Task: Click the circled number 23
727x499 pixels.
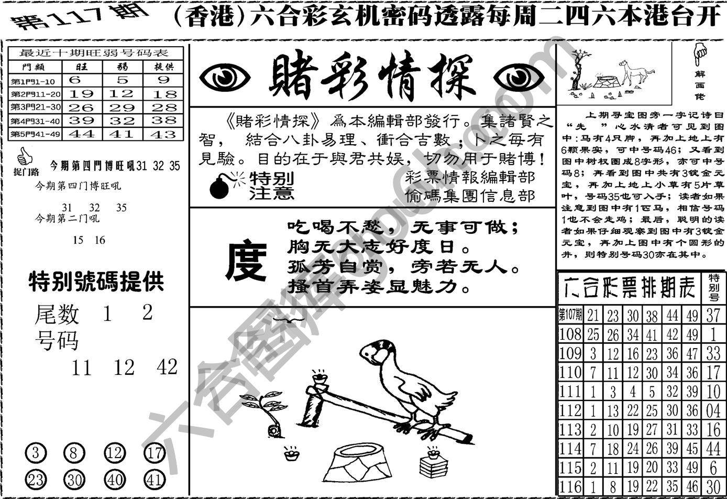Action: pyautogui.click(x=35, y=479)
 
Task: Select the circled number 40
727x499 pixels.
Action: pyautogui.click(x=114, y=479)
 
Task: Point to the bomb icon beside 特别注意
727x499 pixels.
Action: pyautogui.click(x=221, y=187)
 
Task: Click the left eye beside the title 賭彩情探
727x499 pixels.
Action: pyautogui.click(x=225, y=79)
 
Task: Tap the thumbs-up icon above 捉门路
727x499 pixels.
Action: pyautogui.click(x=23, y=156)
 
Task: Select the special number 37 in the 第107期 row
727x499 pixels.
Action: pyautogui.click(x=713, y=314)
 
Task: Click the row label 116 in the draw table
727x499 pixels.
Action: pyautogui.click(x=570, y=486)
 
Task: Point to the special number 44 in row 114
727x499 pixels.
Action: pyautogui.click(x=713, y=448)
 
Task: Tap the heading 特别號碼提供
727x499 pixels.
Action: pyautogui.click(x=96, y=282)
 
